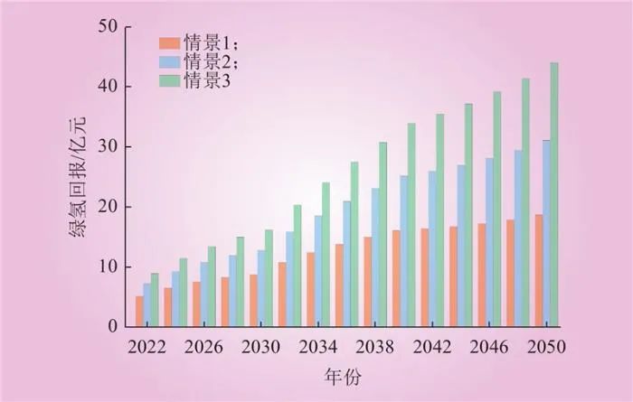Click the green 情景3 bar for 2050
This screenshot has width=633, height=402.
point(554,194)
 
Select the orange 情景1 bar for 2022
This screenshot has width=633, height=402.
point(139,311)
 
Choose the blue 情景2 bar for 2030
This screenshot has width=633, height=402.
point(260,288)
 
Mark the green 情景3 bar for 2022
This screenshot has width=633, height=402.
point(155,300)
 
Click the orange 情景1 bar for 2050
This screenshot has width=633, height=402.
point(538,270)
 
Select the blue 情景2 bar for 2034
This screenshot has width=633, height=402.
point(317,271)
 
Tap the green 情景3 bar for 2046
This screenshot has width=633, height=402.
point(497,209)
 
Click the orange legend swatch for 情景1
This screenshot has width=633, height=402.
point(168,42)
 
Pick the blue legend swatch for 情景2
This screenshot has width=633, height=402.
point(168,61)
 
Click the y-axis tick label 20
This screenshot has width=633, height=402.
point(107,207)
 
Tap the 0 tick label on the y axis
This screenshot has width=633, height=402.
point(111,326)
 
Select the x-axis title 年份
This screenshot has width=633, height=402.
point(344,374)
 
